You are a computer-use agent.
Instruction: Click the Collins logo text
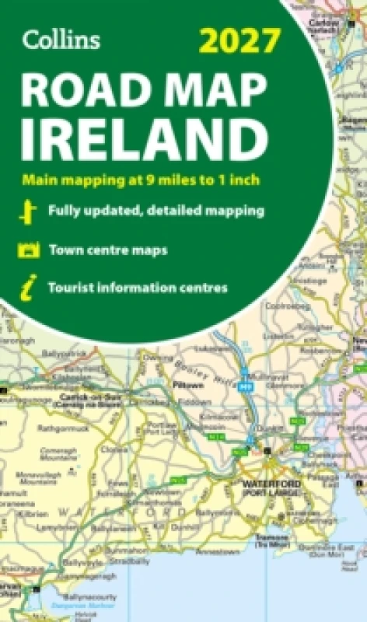click(x=61, y=40)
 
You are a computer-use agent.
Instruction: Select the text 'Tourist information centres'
click(x=138, y=288)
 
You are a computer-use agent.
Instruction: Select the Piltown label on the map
click(x=189, y=385)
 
